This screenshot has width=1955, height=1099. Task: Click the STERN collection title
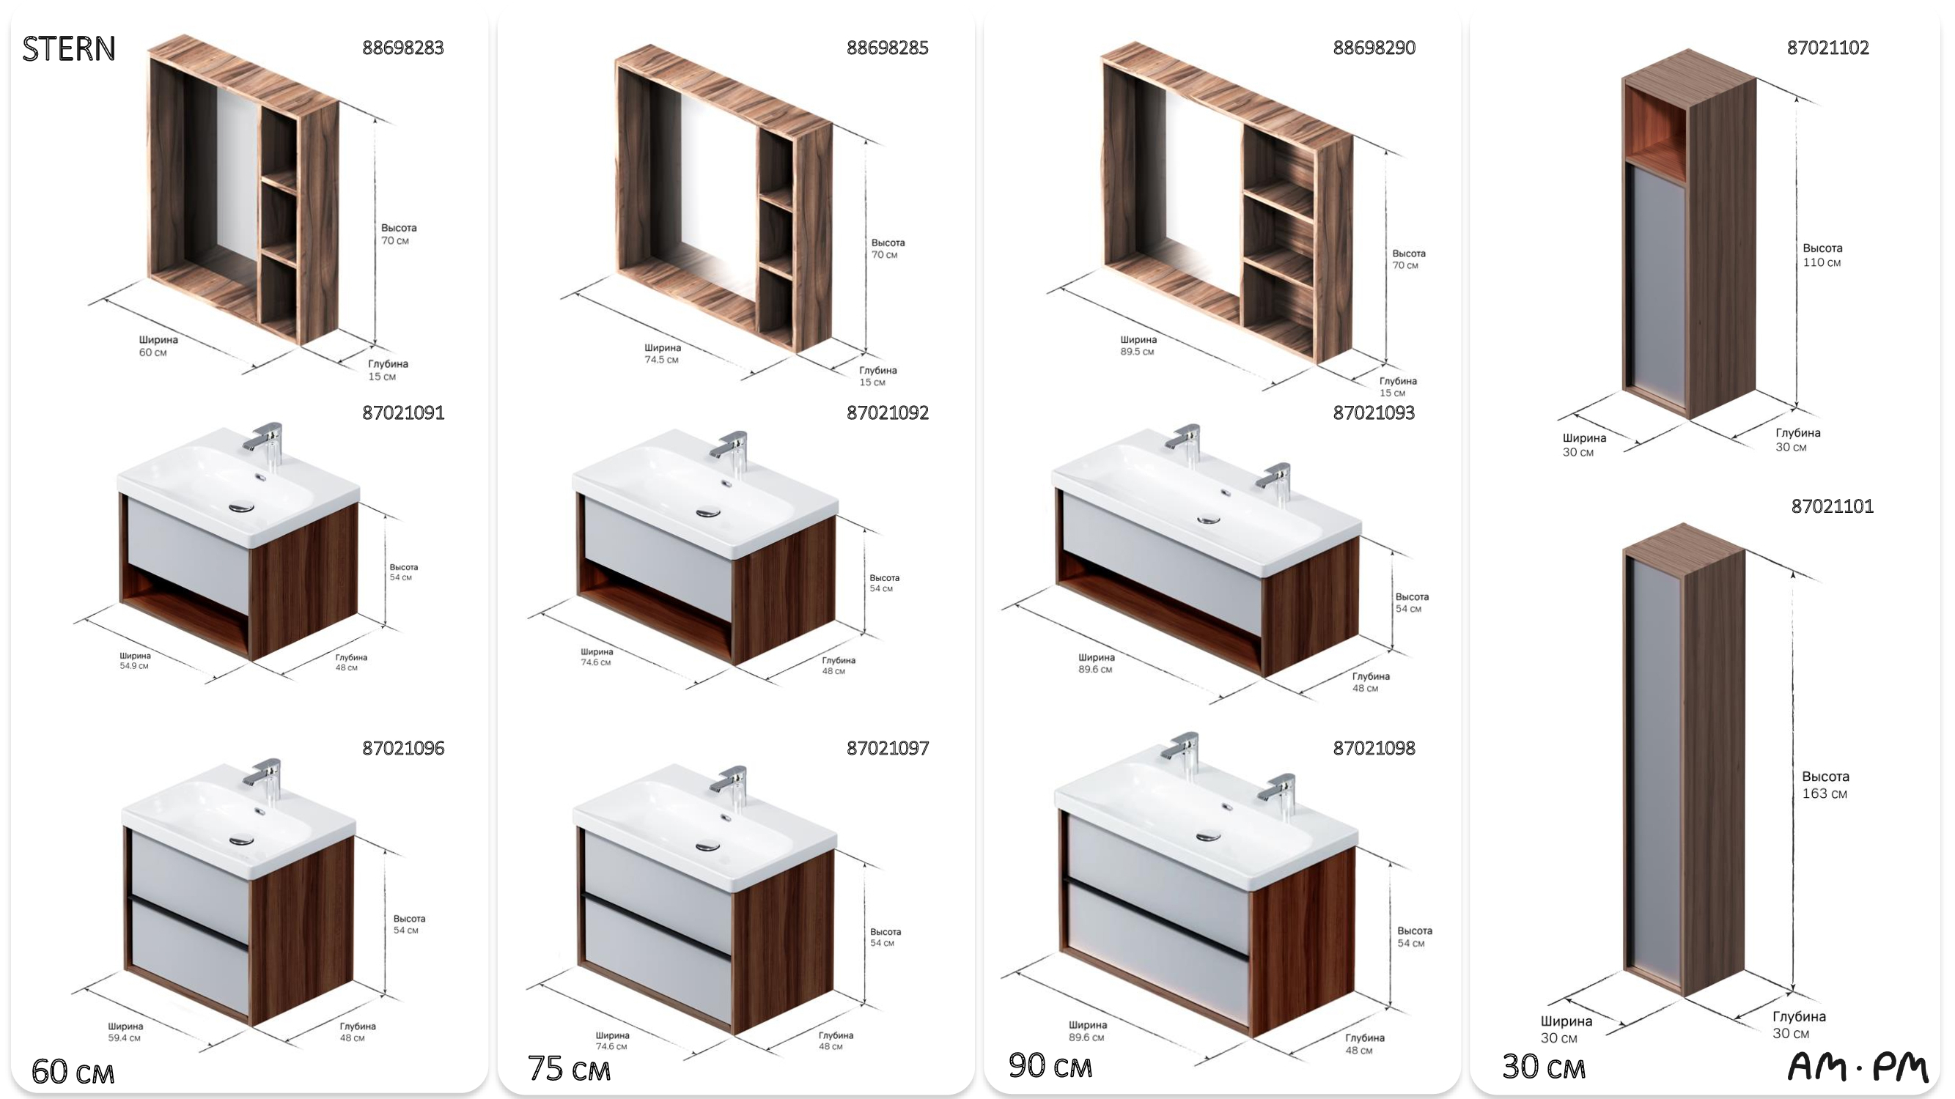(x=69, y=48)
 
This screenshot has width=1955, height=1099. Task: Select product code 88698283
(x=403, y=48)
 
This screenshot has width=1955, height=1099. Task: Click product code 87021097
(x=887, y=748)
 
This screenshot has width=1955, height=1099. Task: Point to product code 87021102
(x=1827, y=48)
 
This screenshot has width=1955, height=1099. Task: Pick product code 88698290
(x=1374, y=48)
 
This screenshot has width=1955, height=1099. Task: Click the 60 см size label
(x=73, y=1072)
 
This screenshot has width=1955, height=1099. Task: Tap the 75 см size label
(x=569, y=1069)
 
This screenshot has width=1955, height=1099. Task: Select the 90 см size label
(x=1050, y=1065)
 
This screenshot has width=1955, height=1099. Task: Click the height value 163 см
(x=1825, y=793)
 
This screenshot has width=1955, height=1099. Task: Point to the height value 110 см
(x=1822, y=262)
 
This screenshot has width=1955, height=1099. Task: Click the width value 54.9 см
(x=133, y=666)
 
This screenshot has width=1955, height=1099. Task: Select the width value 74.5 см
(x=661, y=360)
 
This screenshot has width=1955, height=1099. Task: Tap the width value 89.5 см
(x=1137, y=351)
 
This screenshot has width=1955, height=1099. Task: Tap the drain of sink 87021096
(x=241, y=840)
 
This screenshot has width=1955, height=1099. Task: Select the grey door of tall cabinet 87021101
(x=1655, y=770)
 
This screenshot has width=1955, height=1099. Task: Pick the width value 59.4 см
(x=124, y=1037)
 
